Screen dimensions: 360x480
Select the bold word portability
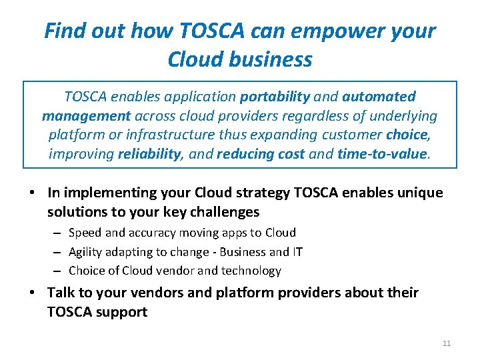pyautogui.click(x=275, y=97)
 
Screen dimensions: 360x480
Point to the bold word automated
pyautogui.click(x=379, y=97)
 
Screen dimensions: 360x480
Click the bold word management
pyautogui.click(x=86, y=116)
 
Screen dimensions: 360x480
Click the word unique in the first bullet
pyautogui.click(x=422, y=193)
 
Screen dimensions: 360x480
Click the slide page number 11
pyautogui.click(x=447, y=343)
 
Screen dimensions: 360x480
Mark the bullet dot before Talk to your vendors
pyautogui.click(x=31, y=293)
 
